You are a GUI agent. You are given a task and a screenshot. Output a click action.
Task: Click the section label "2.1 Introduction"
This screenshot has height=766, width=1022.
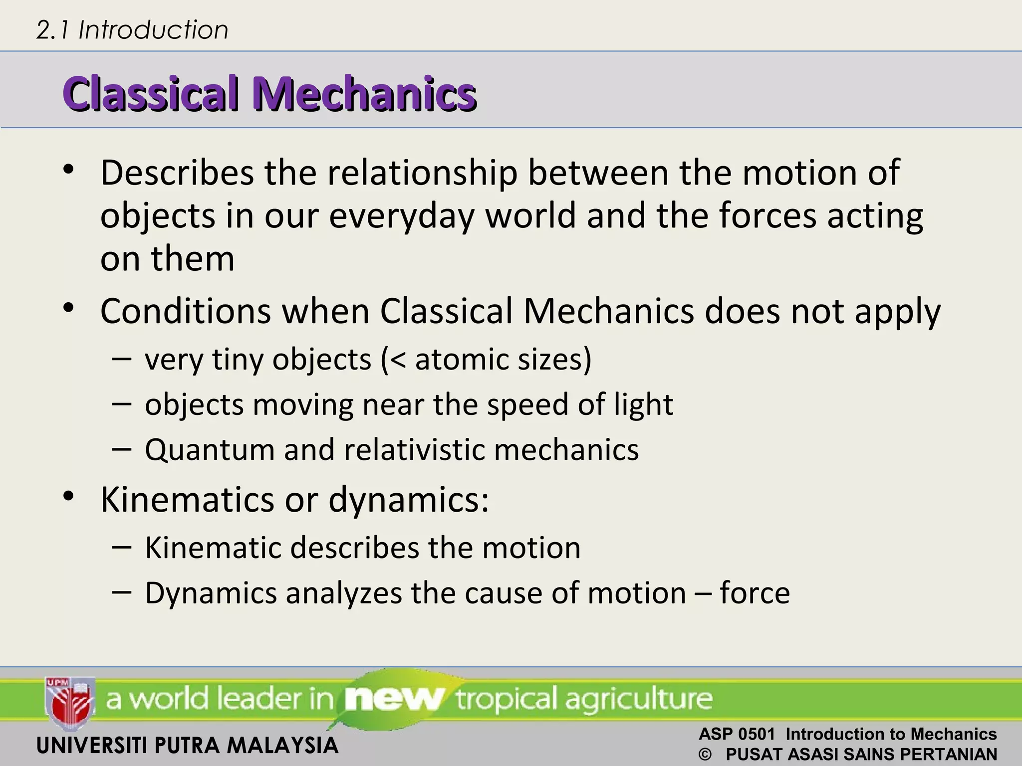point(132,30)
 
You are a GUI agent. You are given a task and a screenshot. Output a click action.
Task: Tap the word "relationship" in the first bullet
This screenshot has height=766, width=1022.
point(422,173)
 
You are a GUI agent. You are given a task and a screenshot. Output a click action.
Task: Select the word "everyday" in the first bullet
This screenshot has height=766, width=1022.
point(401,216)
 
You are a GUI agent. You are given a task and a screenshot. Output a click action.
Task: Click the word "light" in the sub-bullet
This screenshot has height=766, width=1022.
point(643,404)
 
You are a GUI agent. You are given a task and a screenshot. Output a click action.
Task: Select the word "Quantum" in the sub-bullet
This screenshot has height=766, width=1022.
point(210,450)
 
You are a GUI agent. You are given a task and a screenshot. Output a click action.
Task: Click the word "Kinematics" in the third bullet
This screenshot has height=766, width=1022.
point(187,500)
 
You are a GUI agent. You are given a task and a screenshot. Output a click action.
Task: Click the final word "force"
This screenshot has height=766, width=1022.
point(755,593)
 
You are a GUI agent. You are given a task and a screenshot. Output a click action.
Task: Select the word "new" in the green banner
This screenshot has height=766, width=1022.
point(394,699)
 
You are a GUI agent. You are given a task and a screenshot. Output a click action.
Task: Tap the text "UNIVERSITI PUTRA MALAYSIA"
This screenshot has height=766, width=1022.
point(188,746)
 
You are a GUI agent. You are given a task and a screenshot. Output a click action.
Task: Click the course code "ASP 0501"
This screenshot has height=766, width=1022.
point(737,734)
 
